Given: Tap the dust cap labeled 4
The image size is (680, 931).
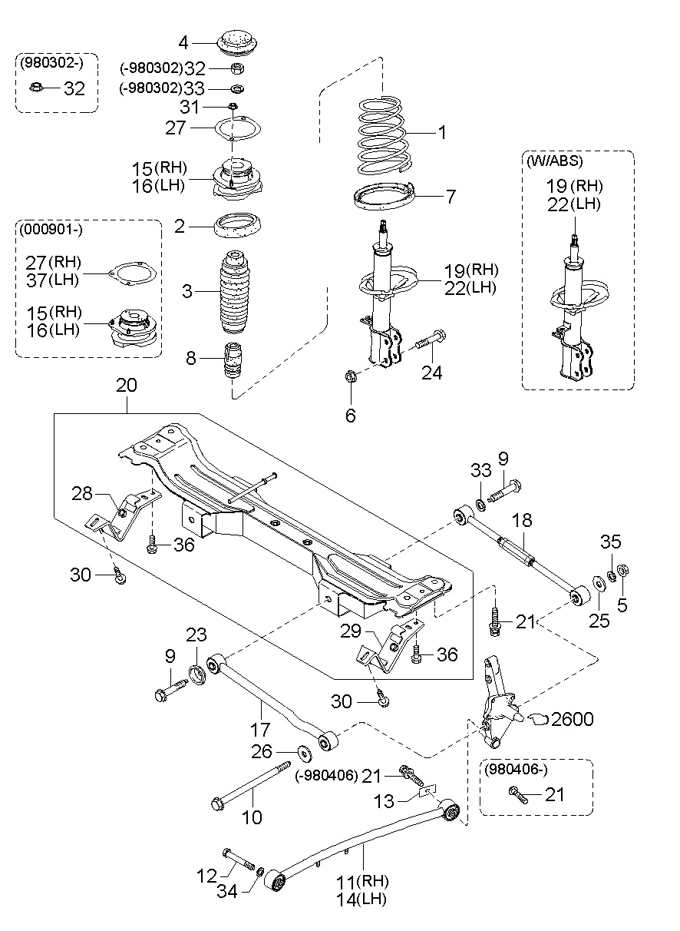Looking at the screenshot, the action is point(238,43).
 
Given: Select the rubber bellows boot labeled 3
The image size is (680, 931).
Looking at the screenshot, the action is point(236,292).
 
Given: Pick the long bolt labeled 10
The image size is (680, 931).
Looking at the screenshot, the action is point(251,786).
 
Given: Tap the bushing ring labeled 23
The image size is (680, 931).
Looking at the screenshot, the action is point(197,675).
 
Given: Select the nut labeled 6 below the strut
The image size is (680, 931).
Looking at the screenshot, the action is point(350,376).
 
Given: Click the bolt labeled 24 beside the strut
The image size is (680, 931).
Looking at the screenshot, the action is point(431,340).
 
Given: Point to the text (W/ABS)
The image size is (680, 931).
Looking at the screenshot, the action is point(554,161).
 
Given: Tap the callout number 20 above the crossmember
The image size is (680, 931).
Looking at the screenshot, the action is point(127,386).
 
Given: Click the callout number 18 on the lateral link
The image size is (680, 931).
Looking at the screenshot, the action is point(522,520).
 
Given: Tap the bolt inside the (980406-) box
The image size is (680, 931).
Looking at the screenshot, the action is point(518,795).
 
